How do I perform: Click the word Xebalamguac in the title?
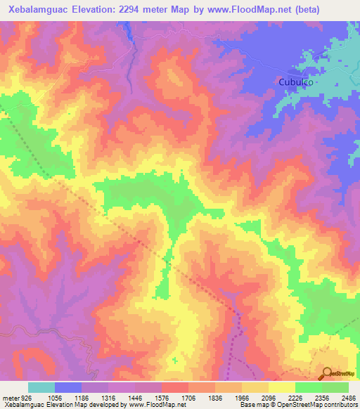pos(36,10)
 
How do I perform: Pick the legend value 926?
pos(26,396)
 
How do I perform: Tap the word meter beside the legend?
pos(10,396)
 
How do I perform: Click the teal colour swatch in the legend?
pos(41,387)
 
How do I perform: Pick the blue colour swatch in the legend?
pos(68,387)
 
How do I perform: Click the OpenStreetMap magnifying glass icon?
pos(326,372)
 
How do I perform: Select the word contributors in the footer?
pos(338,405)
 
